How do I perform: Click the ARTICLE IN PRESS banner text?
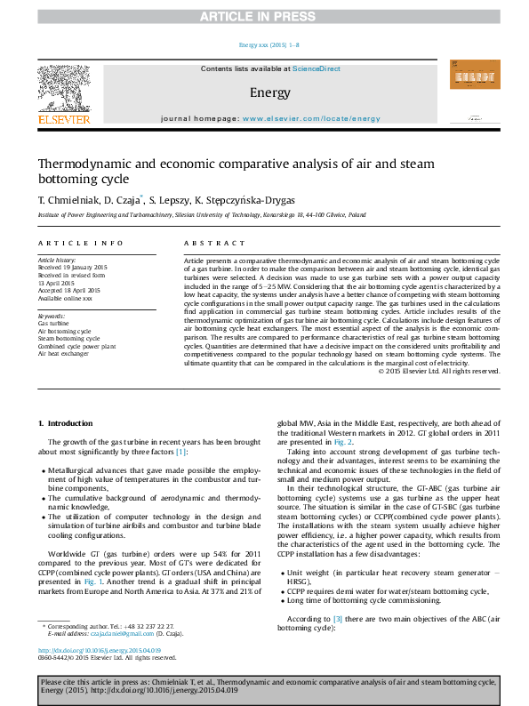tap(264, 17)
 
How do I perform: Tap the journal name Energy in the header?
tap(264, 92)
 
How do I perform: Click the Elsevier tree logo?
tap(63, 88)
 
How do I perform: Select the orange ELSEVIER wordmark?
tap(63, 118)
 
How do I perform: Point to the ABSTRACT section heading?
tap(207, 243)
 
